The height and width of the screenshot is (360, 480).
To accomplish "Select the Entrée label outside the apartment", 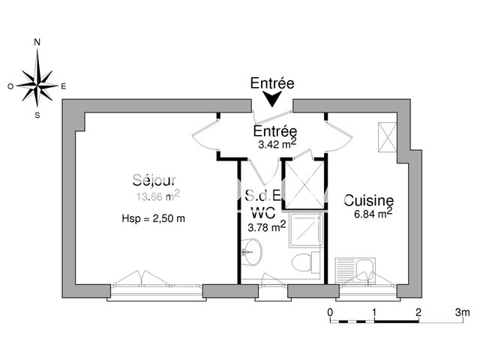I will click(x=271, y=83).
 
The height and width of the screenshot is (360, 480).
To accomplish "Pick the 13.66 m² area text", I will click(x=157, y=196).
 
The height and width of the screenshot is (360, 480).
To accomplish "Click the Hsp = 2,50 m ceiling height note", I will click(x=153, y=218).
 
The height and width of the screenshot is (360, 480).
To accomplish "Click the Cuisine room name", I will click(x=369, y=200).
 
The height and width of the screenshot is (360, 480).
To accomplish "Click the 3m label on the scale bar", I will click(x=460, y=311).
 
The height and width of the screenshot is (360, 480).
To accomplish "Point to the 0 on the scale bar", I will click(x=331, y=311).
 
